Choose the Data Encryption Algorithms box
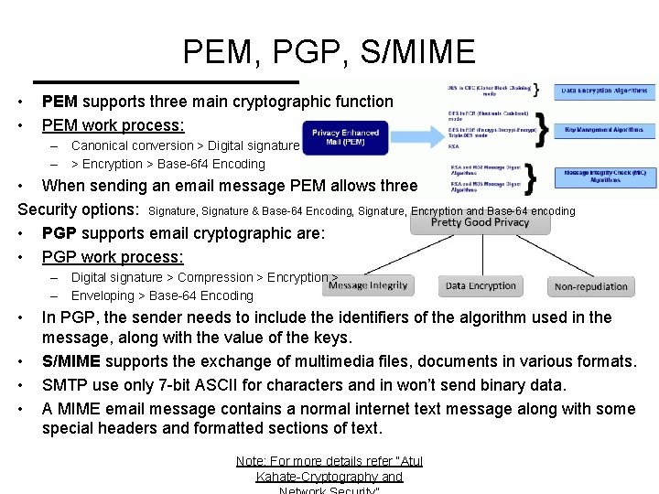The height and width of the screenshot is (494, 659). point(604,91)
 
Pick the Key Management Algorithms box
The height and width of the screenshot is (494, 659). point(604,130)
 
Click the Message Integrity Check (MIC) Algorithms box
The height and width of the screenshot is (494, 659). point(604,176)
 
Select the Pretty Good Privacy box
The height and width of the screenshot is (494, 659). point(480,222)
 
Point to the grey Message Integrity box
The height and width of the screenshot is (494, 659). point(368,285)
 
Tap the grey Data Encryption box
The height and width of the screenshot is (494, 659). point(481,285)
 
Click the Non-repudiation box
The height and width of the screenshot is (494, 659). point(591,286)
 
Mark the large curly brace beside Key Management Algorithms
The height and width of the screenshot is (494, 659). point(542,129)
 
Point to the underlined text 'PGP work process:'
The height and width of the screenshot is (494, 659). point(113,257)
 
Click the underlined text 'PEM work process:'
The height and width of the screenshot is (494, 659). point(113,124)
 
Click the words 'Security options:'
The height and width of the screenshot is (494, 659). point(79,209)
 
